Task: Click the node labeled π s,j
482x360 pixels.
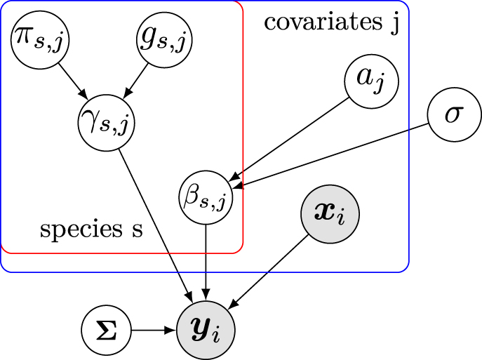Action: [x=40, y=40]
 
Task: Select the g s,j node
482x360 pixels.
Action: [x=164, y=40]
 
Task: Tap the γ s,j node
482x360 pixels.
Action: [x=107, y=123]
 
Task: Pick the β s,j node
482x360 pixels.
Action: [x=206, y=197]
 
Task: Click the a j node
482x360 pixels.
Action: [x=371, y=81]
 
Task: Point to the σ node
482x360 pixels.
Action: [x=455, y=114]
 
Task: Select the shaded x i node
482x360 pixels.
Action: [x=330, y=214]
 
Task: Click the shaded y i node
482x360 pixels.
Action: [x=206, y=331]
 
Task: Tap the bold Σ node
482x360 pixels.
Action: [x=107, y=331]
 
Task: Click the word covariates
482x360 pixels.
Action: [x=323, y=22]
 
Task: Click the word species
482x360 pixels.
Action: [x=81, y=229]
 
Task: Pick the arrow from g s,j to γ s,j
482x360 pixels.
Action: [x=135, y=81]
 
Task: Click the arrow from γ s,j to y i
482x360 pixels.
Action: [x=156, y=226]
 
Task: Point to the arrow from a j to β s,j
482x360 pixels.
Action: [x=289, y=139]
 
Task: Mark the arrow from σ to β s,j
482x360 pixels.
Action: [x=330, y=156]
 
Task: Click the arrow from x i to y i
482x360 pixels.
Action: [x=268, y=272]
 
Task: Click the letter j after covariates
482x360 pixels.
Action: [x=395, y=24]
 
